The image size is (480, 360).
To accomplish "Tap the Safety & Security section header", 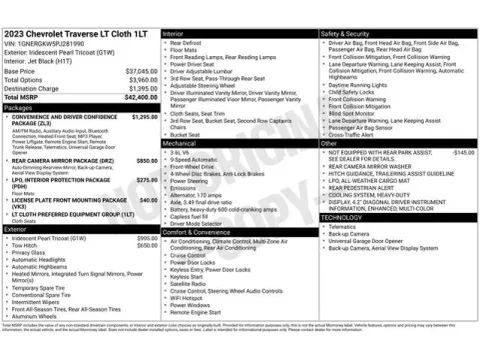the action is tap(346, 34).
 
